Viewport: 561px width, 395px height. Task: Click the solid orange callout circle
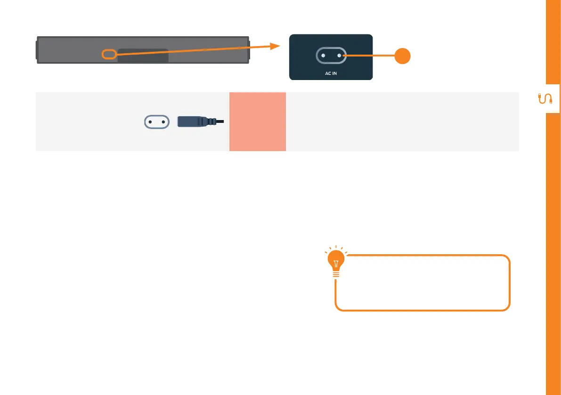402,56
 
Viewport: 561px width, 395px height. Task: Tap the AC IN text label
331,74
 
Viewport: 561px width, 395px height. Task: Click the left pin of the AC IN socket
323,56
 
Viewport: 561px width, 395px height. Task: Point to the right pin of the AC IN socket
339,56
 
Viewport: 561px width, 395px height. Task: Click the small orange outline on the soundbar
109,54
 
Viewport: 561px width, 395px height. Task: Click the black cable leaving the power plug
220,121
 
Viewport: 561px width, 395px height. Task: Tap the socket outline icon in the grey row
156,121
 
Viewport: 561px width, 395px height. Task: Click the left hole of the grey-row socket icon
150,121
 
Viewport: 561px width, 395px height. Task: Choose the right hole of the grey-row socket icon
163,121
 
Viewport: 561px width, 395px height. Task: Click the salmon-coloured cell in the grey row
258,121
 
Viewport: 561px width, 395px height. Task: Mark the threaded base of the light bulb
335,274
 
